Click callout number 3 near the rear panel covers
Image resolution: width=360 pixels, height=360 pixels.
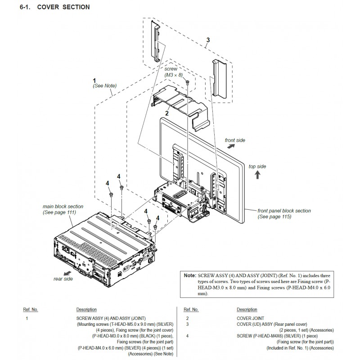point(208,40)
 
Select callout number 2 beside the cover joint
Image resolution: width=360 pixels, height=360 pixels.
point(167,113)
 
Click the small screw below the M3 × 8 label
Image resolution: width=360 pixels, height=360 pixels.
point(187,82)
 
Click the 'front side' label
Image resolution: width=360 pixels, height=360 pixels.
point(235,140)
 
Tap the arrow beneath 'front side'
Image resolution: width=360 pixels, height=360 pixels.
point(230,146)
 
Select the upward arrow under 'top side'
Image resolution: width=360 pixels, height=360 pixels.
point(257,175)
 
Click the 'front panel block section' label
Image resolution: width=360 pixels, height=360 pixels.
point(284,211)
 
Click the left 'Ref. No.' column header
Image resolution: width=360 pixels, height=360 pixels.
point(31,310)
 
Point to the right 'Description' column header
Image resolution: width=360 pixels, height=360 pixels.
point(247,310)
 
